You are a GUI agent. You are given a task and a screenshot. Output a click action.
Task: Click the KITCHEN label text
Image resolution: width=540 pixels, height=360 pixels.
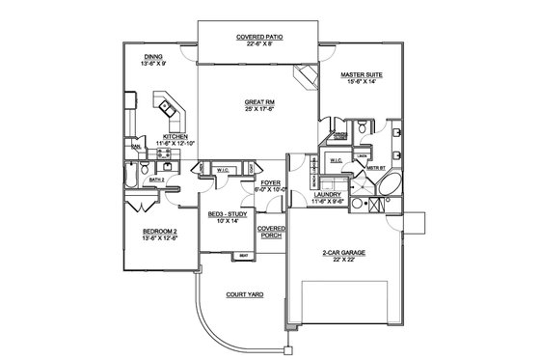pos(175,136)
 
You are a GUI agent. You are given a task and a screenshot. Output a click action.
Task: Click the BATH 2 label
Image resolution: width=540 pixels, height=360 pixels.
pos(158,180)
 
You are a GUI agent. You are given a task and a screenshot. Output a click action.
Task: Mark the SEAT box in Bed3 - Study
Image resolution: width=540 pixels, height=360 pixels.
pos(244,255)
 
